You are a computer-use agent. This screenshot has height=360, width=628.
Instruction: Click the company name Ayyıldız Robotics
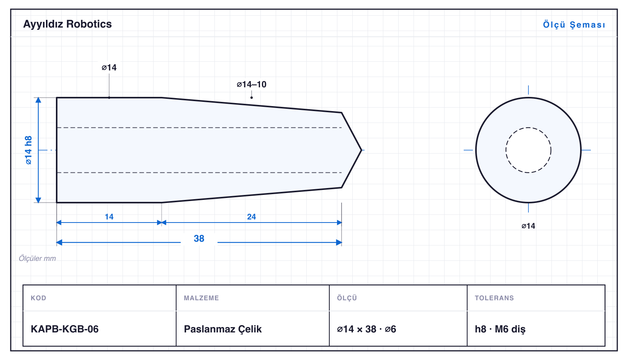[x=67, y=24]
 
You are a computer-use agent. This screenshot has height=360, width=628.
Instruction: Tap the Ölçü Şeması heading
[x=574, y=25]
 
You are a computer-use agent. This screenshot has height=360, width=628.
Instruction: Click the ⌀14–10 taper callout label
[x=252, y=84]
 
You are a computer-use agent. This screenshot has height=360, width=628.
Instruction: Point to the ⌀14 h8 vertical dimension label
[x=29, y=150]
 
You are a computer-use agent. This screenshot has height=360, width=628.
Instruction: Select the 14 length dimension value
[x=109, y=217]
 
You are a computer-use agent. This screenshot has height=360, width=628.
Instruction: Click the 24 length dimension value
[x=252, y=217]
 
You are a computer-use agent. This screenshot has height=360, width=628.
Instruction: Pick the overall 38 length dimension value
[x=199, y=239]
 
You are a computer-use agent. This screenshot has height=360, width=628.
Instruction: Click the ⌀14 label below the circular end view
[x=528, y=226]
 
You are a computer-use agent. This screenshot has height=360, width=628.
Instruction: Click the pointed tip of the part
[x=361, y=150]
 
